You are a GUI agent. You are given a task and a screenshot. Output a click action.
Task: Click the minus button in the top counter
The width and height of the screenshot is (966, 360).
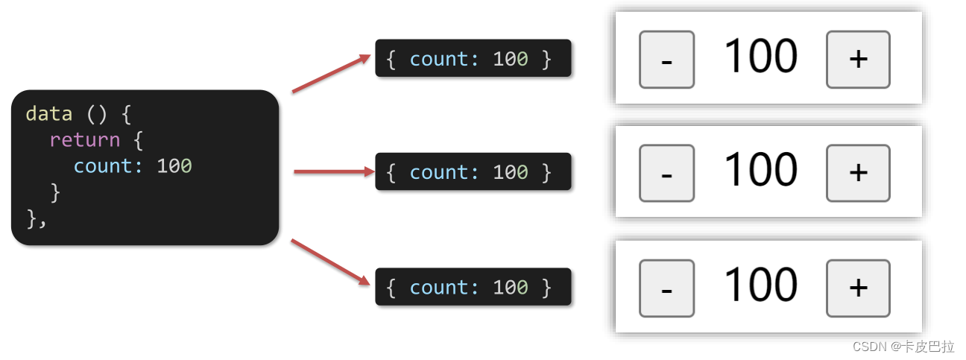[666, 60]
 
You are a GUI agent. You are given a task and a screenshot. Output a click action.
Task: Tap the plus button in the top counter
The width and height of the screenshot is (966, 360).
[858, 60]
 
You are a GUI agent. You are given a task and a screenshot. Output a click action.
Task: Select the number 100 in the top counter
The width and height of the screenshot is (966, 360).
[760, 57]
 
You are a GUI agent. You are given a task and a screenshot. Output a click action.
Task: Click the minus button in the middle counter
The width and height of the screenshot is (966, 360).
[666, 174]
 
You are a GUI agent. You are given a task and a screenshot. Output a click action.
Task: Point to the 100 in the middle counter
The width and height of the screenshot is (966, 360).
[760, 170]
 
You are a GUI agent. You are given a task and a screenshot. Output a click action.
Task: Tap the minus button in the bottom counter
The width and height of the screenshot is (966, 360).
[666, 288]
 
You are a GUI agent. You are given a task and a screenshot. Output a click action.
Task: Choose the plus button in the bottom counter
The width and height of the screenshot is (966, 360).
[858, 288]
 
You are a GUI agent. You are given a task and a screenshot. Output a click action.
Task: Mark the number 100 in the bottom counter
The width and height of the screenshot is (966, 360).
[760, 285]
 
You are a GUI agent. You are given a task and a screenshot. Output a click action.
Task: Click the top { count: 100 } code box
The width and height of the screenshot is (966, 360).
[473, 58]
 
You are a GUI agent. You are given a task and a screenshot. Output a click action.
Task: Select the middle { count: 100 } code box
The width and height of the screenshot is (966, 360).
[473, 172]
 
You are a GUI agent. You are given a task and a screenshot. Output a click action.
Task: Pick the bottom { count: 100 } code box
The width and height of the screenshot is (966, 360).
[473, 287]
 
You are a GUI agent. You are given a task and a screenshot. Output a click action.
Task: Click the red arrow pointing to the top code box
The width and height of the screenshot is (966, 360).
[331, 74]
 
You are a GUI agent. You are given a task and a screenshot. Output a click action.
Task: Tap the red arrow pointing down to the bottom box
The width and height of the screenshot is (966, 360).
[331, 262]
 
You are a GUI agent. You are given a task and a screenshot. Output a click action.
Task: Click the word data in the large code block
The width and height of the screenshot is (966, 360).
[49, 114]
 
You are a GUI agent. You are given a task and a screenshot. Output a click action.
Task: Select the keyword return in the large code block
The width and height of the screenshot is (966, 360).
[84, 140]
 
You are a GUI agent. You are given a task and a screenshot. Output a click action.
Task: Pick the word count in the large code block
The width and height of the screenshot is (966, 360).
[108, 165]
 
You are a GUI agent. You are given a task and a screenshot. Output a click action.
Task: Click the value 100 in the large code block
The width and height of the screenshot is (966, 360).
[174, 165]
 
